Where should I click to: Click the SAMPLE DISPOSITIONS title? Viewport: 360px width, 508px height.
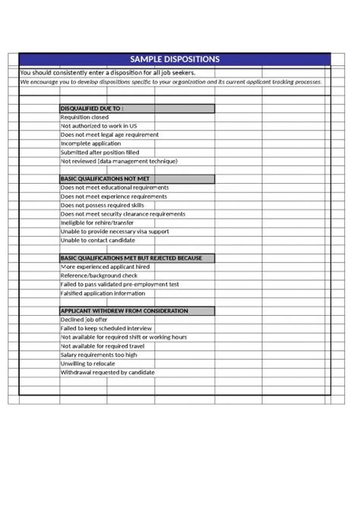[x=175, y=58]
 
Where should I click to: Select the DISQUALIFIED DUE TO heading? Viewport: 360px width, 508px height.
[x=92, y=109]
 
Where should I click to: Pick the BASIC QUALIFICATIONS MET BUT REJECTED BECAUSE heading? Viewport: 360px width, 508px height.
[x=131, y=258]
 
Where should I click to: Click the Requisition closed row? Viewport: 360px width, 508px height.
[x=84, y=117]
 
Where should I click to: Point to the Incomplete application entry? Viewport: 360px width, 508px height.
[x=90, y=144]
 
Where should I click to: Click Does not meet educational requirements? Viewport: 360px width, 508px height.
[x=114, y=188]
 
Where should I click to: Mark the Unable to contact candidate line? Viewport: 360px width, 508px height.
[x=97, y=240]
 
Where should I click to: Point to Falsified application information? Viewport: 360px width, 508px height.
[x=103, y=293]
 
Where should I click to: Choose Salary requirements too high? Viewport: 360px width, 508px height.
[x=99, y=355]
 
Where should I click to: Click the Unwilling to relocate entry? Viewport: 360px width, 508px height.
[x=88, y=364]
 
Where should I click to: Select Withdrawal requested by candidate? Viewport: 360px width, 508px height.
[x=107, y=372]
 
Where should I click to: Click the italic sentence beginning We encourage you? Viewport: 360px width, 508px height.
[x=171, y=81]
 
